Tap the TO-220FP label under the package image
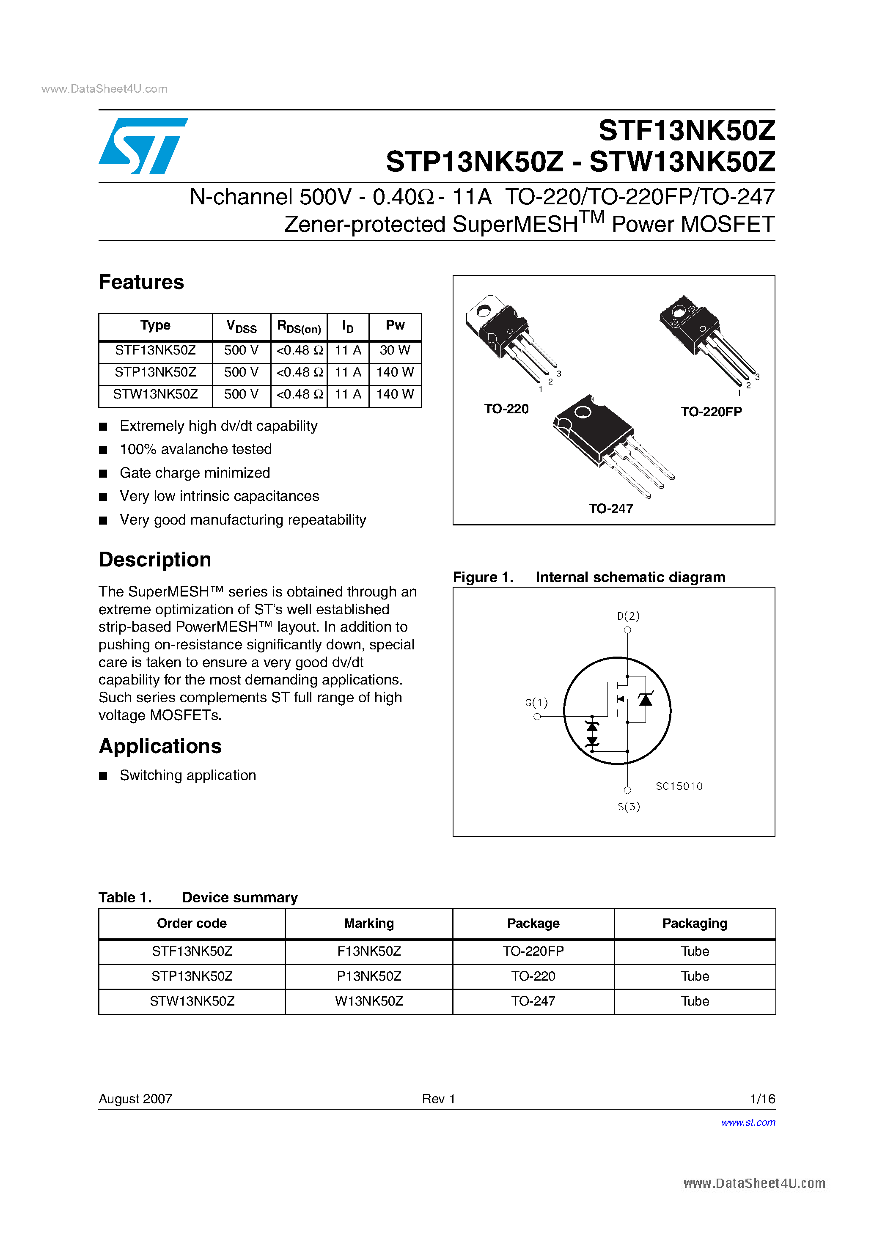point(711,412)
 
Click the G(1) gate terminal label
point(536,703)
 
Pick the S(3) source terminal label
point(628,806)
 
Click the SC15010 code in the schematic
point(679,786)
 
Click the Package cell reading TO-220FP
point(533,951)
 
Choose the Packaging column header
point(695,924)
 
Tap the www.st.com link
point(748,1122)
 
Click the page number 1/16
point(762,1099)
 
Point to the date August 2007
point(135,1099)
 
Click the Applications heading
point(160,746)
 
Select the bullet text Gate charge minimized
point(195,473)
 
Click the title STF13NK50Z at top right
point(687,130)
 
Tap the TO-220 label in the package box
point(506,409)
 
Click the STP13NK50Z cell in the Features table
point(155,372)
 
